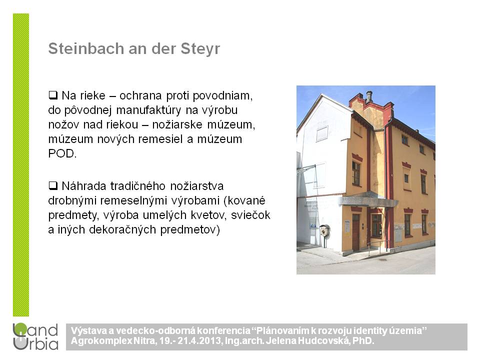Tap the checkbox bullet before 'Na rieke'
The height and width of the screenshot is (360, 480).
53,95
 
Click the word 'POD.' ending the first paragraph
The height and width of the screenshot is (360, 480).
62,153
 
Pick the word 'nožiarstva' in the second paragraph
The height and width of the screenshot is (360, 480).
197,186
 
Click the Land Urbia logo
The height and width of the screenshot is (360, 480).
35,336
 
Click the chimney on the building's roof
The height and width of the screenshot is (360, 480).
369,96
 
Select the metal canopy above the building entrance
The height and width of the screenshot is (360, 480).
368,199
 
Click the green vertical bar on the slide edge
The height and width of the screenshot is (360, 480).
21,164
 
